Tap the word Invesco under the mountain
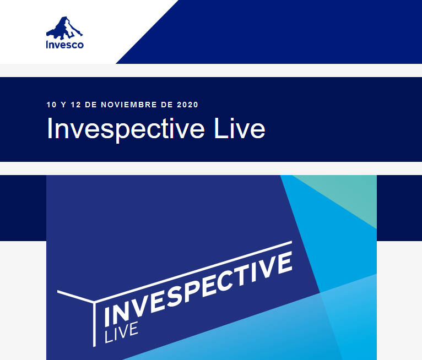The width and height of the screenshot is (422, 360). point(65,45)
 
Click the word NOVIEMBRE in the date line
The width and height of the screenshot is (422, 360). point(129,105)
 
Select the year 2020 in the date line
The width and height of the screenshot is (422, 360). point(187,105)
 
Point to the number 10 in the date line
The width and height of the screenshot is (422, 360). point(51,105)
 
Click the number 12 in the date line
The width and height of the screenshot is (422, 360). point(75,105)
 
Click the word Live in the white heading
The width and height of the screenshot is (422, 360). point(240,129)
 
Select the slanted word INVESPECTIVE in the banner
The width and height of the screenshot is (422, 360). point(198,288)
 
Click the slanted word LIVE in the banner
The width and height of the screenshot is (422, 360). point(121,333)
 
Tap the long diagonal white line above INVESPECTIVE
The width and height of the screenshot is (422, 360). point(193,271)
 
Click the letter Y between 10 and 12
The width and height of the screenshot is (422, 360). point(63,105)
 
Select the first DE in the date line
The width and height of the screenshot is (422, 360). point(91,105)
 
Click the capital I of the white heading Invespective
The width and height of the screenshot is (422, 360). point(48,128)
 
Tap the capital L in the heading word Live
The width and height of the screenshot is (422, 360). point(220,128)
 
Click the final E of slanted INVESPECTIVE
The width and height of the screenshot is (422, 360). point(285,264)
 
